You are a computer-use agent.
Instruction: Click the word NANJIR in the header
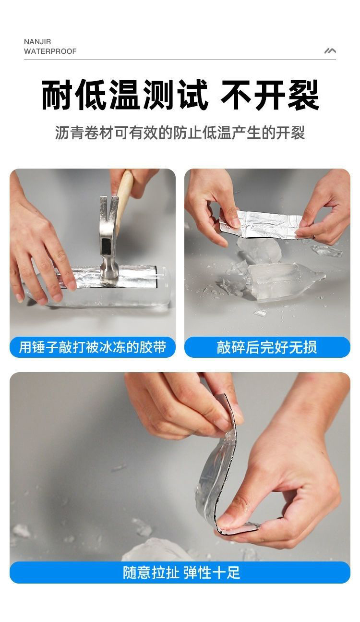37,42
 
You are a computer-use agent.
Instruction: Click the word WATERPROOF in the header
50,51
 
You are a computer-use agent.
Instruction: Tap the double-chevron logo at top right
330,51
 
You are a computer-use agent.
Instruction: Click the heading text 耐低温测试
125,95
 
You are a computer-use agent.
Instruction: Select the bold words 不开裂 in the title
270,95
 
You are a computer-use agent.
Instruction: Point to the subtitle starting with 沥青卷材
180,133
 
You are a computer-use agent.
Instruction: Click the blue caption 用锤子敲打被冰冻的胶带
93,347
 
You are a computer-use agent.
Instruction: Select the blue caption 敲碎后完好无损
267,347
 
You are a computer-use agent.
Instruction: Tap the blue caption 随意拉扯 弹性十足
181,573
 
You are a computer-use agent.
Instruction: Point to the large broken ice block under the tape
280,281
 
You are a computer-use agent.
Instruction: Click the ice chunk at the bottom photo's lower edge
156,551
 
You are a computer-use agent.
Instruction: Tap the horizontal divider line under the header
180,59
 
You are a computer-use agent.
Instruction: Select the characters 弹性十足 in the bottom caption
212,573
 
